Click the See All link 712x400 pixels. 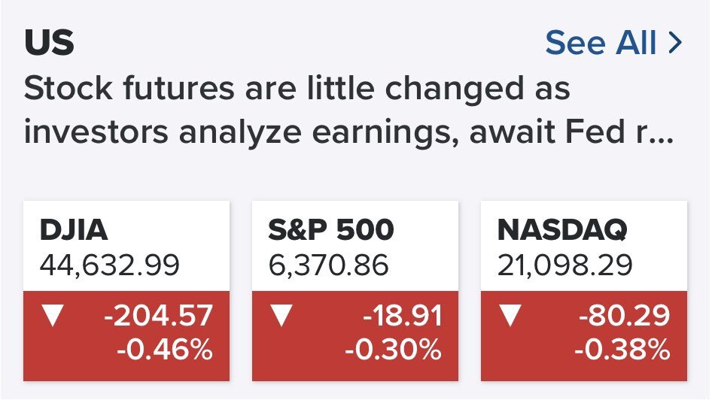(x=613, y=43)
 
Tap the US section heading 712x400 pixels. (x=49, y=43)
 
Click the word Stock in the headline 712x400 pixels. (x=68, y=88)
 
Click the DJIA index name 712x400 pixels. (x=74, y=229)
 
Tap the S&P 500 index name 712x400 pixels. (x=330, y=229)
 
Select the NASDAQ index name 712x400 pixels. (x=562, y=230)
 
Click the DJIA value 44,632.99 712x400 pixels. (x=109, y=265)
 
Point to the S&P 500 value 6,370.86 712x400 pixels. (x=328, y=265)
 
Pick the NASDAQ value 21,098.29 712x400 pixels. (x=564, y=265)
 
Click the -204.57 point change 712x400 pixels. (x=159, y=316)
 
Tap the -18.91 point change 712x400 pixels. (x=403, y=316)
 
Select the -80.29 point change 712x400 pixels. (x=625, y=316)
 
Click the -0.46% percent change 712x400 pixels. (x=165, y=350)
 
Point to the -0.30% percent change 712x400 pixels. (x=393, y=350)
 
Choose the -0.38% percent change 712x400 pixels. (x=622, y=350)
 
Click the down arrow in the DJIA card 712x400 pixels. (x=53, y=314)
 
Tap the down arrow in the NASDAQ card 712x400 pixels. (x=510, y=314)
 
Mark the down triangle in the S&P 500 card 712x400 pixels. (x=281, y=314)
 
